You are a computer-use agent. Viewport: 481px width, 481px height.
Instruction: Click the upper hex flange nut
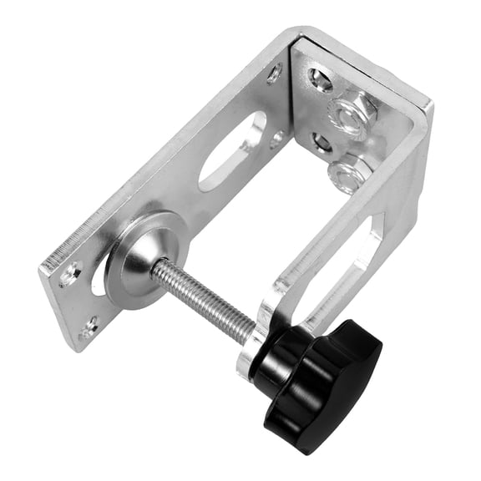click(x=353, y=114)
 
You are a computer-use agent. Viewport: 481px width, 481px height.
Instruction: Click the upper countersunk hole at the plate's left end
click(x=70, y=272)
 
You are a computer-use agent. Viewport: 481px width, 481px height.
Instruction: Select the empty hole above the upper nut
click(x=321, y=80)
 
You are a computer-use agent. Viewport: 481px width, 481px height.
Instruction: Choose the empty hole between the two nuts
click(x=323, y=142)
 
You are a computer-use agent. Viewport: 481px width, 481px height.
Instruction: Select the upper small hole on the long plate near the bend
click(x=274, y=74)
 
